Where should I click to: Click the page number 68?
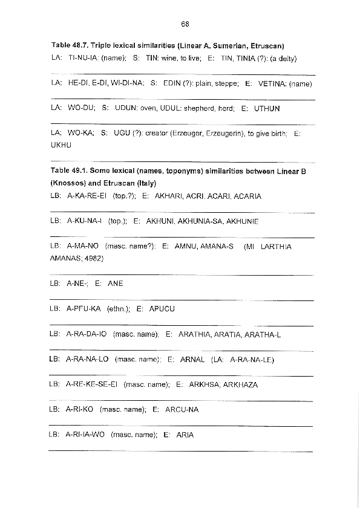point(185,24)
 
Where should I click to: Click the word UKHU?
point(61,145)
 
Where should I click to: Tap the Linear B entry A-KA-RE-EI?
point(87,196)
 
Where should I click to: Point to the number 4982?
point(94,258)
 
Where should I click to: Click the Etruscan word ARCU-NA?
point(182,410)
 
